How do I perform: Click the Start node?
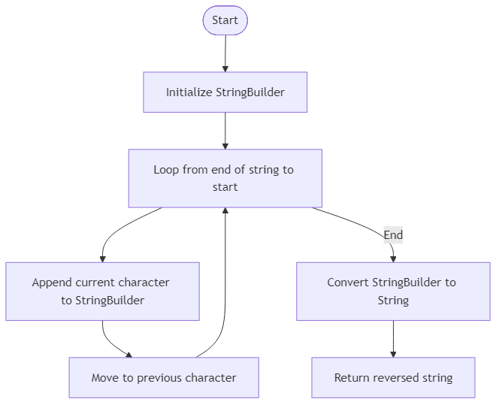point(225,20)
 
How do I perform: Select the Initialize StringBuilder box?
point(225,92)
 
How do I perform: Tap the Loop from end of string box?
point(225,178)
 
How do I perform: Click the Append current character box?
point(103,292)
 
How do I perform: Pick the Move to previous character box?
point(164,377)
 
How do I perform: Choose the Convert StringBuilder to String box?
point(393,292)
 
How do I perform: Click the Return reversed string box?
point(393,377)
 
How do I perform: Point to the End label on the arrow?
point(393,235)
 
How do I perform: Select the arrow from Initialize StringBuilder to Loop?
point(225,130)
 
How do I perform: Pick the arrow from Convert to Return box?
point(393,338)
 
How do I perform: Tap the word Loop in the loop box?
point(166,170)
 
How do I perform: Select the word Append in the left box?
point(52,283)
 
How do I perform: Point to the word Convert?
point(348,283)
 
